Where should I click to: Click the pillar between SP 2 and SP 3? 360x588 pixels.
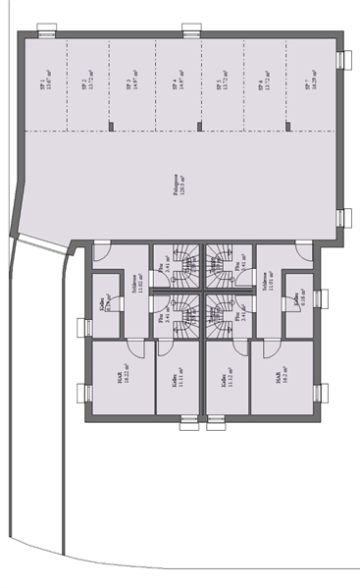click(x=110, y=126)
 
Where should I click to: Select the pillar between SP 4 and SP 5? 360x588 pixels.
click(x=199, y=126)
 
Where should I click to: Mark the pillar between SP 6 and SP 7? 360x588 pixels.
click(x=287, y=126)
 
